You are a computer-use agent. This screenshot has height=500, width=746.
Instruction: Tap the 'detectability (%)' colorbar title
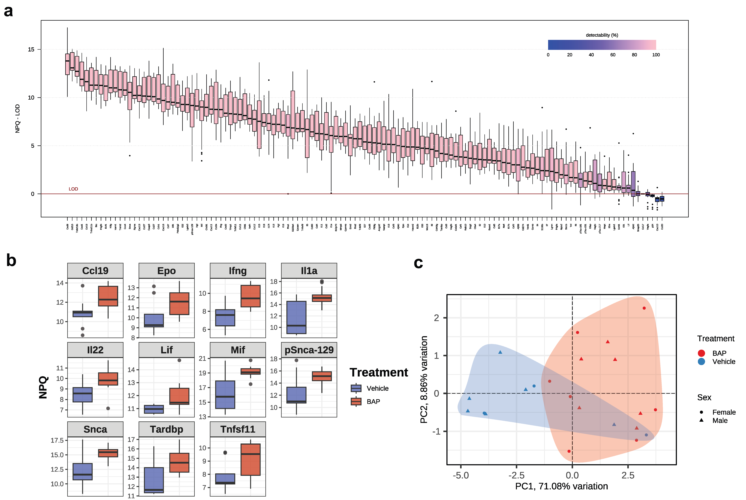(602, 35)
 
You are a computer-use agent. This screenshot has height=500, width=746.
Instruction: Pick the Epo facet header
(166, 271)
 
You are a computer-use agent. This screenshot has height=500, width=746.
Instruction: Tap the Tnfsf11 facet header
(238, 429)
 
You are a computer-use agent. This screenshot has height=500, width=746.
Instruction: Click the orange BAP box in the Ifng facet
(251, 296)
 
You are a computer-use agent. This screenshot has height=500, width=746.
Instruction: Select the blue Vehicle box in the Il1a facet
(297, 317)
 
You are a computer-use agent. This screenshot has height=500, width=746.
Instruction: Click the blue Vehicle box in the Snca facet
(83, 471)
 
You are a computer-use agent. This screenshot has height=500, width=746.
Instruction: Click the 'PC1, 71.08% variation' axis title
(561, 486)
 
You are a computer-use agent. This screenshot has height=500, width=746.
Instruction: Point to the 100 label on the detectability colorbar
(656, 55)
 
